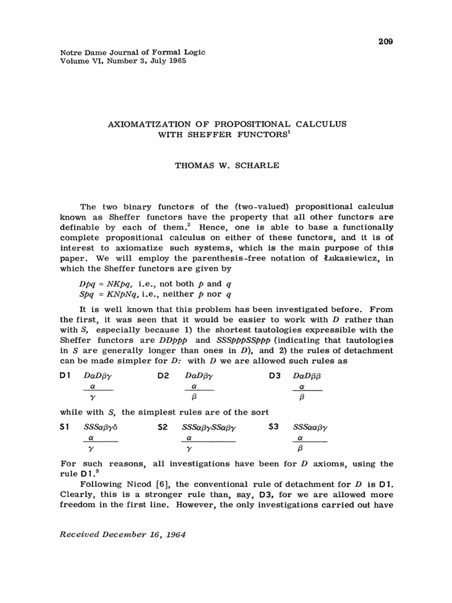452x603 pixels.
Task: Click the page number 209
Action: pos(385,41)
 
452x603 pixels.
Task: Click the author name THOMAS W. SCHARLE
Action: pos(226,165)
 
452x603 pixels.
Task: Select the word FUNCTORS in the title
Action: pos(258,134)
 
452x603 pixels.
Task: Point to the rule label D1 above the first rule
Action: pos(65,376)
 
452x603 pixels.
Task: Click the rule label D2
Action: pos(164,376)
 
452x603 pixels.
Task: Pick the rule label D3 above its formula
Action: pos(273,376)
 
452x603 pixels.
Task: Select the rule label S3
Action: pos(273,426)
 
